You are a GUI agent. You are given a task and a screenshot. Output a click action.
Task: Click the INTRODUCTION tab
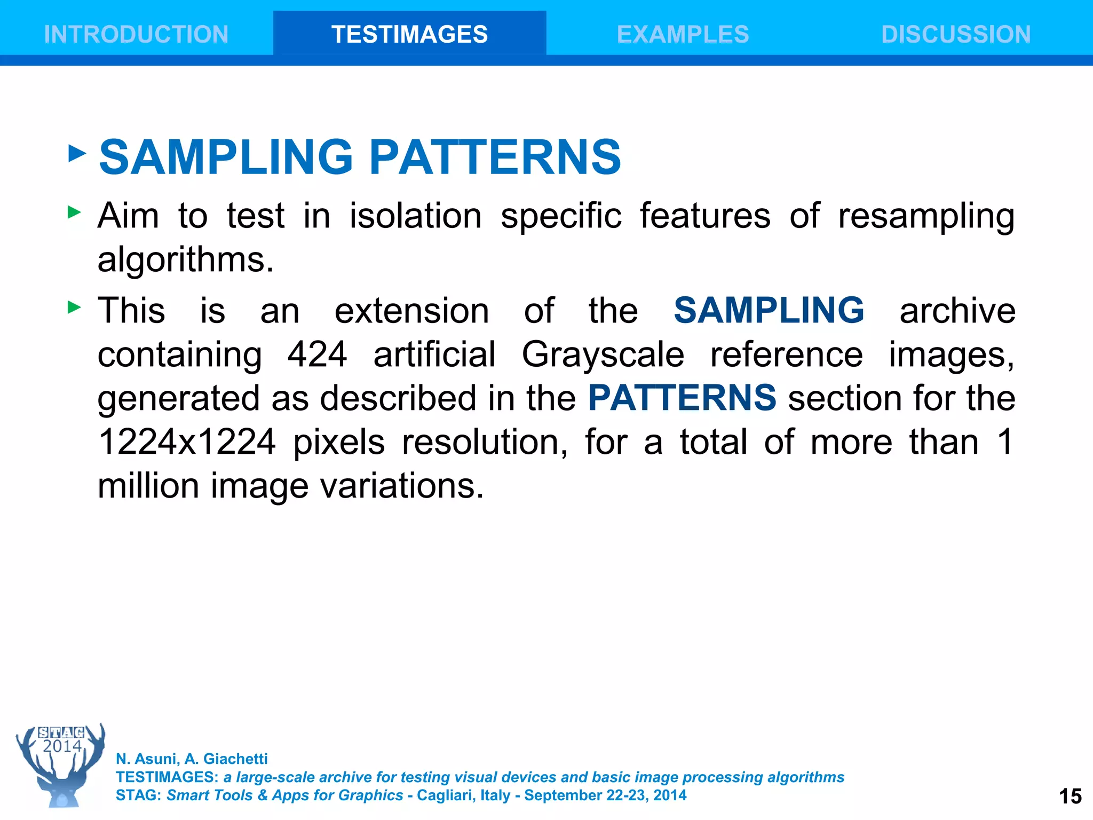[136, 35]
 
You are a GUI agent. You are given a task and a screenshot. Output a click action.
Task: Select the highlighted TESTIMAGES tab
[409, 35]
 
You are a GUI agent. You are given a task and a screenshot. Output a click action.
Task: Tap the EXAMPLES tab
[683, 35]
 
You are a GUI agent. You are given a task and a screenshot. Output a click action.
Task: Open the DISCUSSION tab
[956, 35]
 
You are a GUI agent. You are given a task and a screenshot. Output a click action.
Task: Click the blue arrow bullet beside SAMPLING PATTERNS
[77, 154]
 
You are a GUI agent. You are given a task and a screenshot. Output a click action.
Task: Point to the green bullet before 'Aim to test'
[75, 212]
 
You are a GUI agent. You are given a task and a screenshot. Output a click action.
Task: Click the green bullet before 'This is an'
[75, 307]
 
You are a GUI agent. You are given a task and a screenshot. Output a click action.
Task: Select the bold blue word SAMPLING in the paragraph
[769, 310]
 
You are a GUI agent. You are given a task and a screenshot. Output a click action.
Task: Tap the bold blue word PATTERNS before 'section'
[682, 398]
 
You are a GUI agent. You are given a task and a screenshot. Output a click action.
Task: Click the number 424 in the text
[317, 354]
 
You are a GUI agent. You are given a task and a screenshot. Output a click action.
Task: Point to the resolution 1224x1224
[187, 442]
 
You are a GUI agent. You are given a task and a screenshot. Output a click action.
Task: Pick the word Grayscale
[603, 354]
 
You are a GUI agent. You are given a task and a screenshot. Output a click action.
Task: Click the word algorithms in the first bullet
[185, 260]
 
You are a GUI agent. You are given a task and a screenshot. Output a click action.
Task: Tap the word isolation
[415, 216]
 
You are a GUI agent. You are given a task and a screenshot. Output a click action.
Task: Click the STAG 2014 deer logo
[61, 764]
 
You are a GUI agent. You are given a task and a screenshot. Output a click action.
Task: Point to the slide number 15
[1070, 796]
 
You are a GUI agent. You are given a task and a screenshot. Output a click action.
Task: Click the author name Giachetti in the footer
[235, 759]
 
